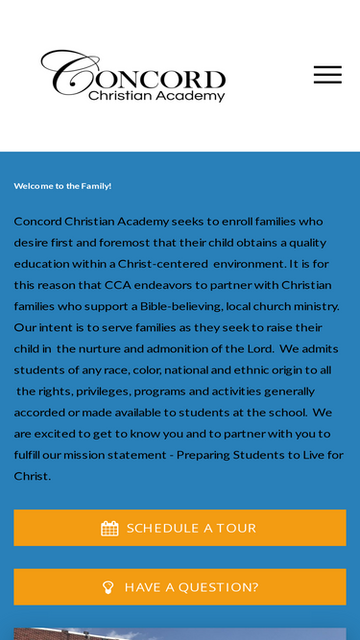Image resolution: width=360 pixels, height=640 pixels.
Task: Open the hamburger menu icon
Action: (327, 75)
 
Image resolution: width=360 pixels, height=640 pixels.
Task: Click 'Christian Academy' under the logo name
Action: (156, 96)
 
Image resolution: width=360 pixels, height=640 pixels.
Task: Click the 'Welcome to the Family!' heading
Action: (62, 186)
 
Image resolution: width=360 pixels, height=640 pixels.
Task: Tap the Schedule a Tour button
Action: (180, 528)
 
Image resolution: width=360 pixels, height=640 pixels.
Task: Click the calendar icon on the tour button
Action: (109, 529)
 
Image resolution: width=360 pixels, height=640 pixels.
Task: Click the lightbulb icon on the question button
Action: (108, 587)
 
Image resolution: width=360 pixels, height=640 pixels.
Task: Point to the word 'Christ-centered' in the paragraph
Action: (162, 264)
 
